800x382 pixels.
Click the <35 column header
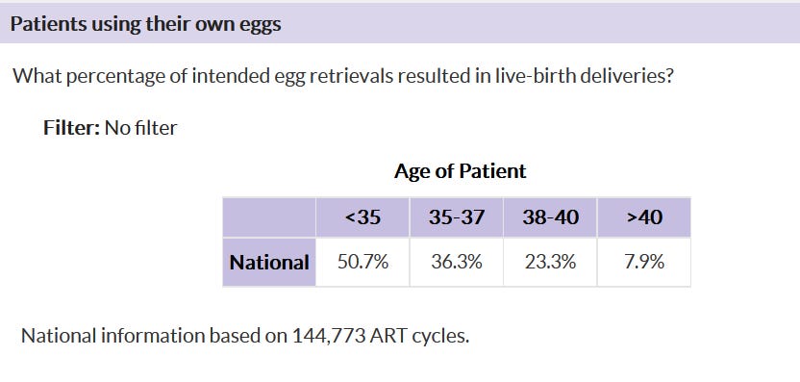362,217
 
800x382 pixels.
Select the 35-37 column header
457,217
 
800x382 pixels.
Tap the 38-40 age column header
551,217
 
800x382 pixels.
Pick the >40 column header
644,217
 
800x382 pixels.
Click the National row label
269,262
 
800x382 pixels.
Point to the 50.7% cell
362,262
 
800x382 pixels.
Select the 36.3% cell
457,262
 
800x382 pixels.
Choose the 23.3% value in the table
551,262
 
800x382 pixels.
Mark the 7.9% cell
644,262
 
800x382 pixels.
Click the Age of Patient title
460,171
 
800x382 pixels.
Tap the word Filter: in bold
71,128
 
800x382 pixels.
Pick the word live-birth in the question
533,76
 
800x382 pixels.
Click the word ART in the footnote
388,337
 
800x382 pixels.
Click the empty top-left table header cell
269,217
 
